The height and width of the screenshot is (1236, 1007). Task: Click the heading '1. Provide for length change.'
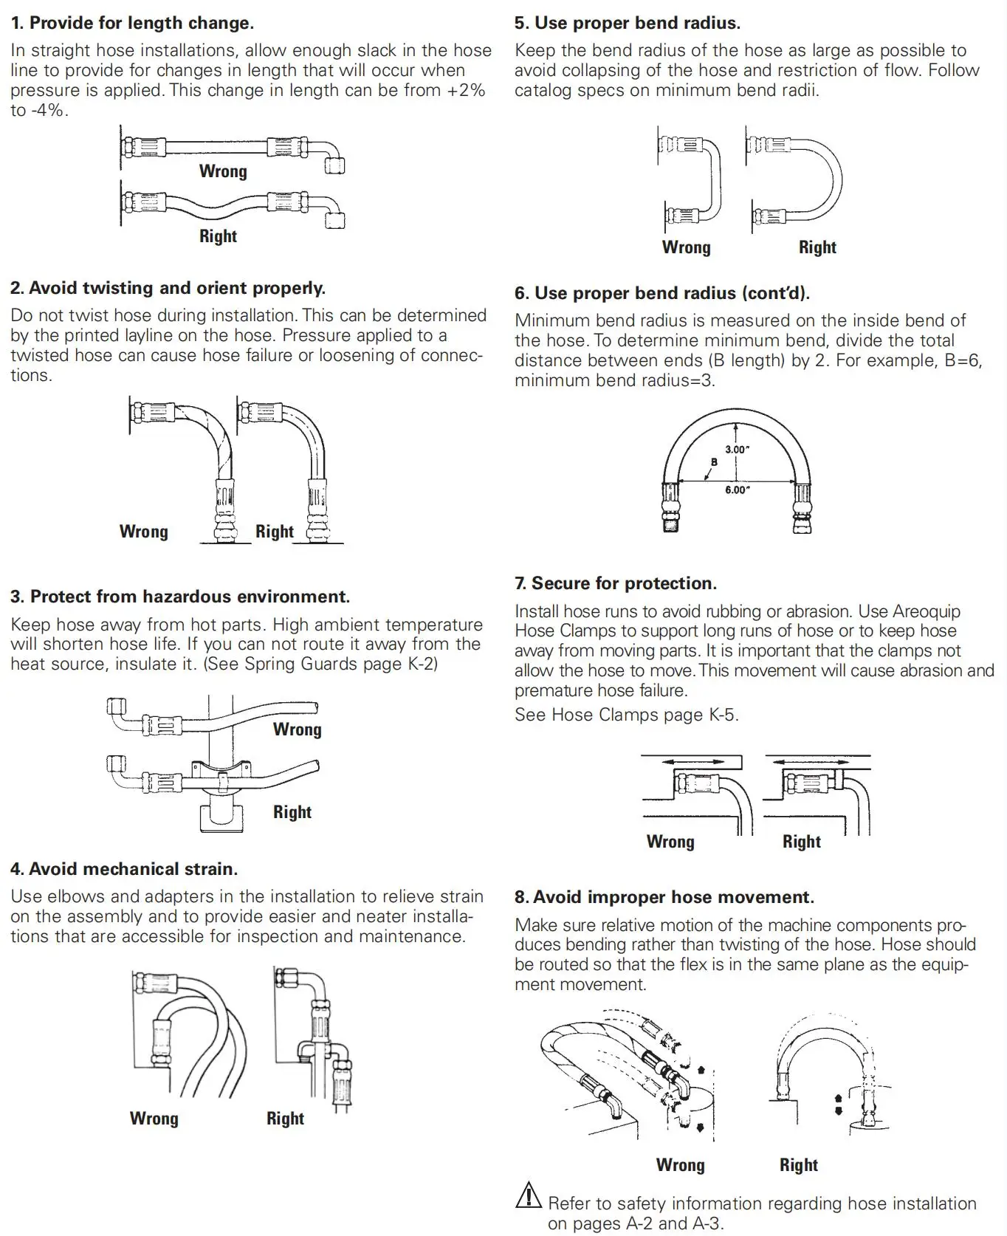[x=133, y=23]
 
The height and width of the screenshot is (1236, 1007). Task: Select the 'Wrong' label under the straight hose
[x=222, y=171]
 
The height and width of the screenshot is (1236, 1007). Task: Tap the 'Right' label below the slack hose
[x=218, y=236]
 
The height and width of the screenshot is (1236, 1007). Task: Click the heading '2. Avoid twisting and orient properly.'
[x=168, y=288]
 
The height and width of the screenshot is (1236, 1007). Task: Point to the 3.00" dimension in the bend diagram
[x=737, y=449]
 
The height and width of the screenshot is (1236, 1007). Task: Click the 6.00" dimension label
[x=737, y=490]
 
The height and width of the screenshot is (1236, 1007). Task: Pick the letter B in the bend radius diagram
[x=713, y=462]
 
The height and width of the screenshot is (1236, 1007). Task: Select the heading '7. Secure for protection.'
[x=616, y=583]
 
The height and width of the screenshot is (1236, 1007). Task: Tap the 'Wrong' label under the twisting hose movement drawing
[x=680, y=1165]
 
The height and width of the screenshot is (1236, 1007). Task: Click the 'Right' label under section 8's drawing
[x=798, y=1165]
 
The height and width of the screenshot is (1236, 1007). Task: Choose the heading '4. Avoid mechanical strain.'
[x=124, y=869]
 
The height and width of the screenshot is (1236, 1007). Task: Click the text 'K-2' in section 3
[x=421, y=664]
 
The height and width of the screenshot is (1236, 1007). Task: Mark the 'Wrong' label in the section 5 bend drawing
[x=686, y=247]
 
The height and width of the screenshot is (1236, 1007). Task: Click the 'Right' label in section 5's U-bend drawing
[x=817, y=247]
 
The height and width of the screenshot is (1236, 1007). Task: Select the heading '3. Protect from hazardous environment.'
[x=180, y=597]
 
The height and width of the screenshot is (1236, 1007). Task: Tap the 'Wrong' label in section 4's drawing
[x=154, y=1119]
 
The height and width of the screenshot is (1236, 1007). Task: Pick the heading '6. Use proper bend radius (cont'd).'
[x=662, y=293]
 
